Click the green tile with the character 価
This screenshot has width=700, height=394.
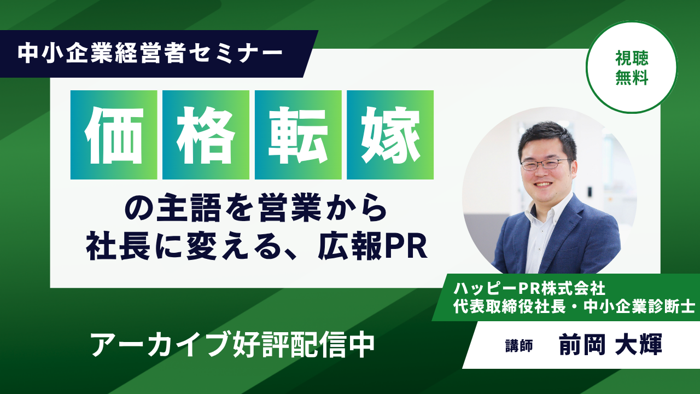[x=114, y=135]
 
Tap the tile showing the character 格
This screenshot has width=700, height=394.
[x=206, y=135]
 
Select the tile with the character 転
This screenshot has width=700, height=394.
[x=298, y=135]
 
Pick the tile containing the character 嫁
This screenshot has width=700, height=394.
[x=390, y=135]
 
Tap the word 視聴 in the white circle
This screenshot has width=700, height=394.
[x=632, y=58]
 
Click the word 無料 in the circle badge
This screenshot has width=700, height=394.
[x=632, y=77]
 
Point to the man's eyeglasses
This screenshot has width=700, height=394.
[x=546, y=164]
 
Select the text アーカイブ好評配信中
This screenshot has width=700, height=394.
[x=233, y=345]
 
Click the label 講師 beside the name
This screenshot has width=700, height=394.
[x=519, y=346]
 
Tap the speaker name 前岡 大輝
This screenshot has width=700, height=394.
[x=611, y=344]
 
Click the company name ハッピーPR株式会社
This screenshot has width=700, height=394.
[x=529, y=288]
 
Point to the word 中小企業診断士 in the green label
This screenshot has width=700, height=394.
[x=639, y=307]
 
